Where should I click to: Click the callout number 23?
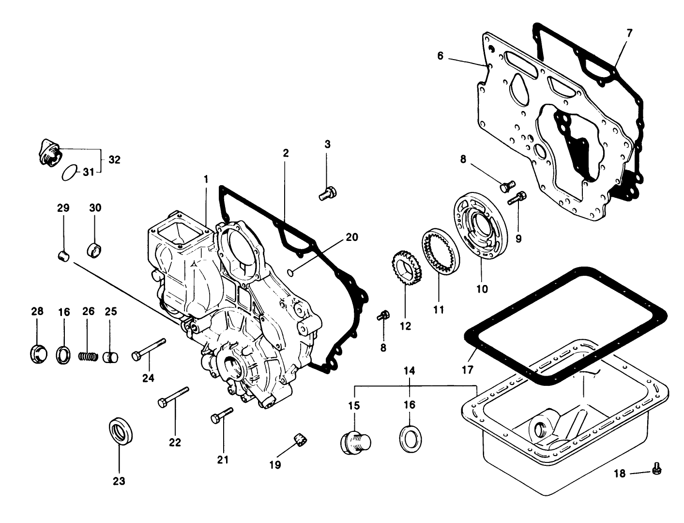click(119, 481)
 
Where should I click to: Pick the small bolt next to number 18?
click(657, 468)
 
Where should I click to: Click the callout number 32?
click(114, 159)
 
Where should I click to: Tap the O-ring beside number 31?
click(69, 172)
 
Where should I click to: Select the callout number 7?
click(629, 33)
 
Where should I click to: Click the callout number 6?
click(440, 56)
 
